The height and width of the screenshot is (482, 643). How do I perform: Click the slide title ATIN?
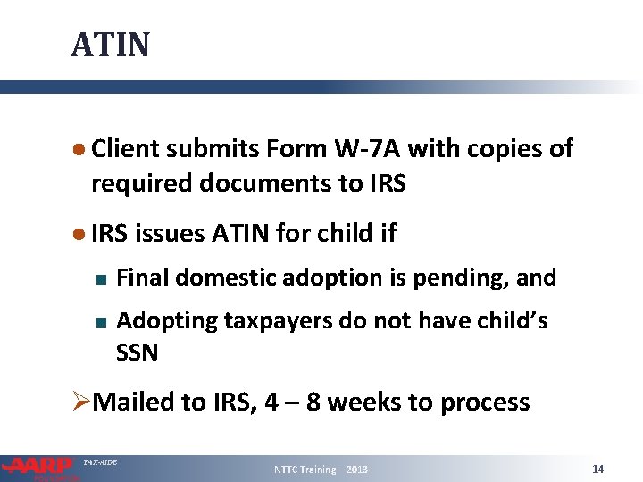[x=111, y=44]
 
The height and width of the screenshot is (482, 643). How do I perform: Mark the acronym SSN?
[x=138, y=353]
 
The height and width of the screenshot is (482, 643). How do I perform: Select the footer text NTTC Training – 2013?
[x=321, y=470]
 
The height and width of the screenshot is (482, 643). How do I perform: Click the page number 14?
[x=598, y=469]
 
